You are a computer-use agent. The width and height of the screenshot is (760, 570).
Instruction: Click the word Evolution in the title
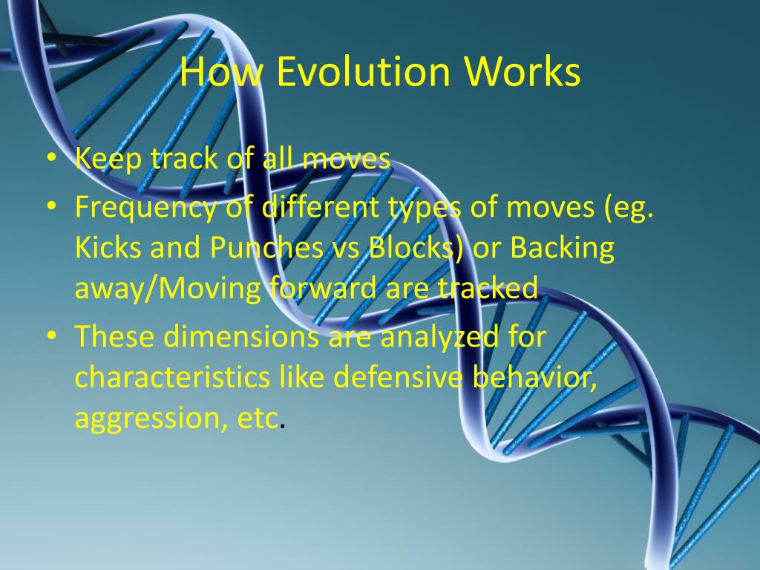tap(365, 71)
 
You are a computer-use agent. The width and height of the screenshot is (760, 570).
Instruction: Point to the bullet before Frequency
tap(52, 206)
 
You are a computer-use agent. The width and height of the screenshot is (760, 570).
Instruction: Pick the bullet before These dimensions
tap(52, 335)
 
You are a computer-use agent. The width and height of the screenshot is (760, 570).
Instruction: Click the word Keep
tap(108, 160)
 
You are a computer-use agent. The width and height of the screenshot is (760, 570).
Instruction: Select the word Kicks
tap(108, 247)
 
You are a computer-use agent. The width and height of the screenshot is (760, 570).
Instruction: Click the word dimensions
tap(241, 336)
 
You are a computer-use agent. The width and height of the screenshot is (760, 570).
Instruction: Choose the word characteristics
tap(172, 377)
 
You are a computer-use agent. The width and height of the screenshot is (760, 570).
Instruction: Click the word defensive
tap(398, 377)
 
